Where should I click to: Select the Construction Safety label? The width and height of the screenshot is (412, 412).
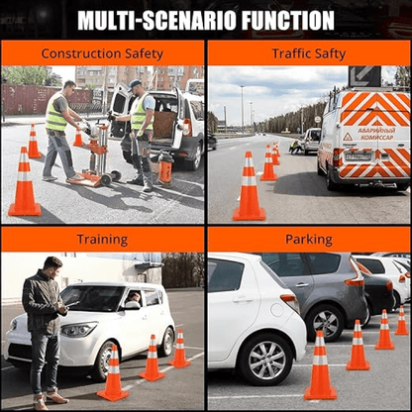[103, 52]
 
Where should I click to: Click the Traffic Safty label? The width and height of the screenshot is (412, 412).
[309, 52]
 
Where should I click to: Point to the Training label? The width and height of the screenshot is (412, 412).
[103, 239]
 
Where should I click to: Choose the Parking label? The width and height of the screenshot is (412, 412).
[309, 239]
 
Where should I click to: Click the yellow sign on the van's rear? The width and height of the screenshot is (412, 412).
[347, 137]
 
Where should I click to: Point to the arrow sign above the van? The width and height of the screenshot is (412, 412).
[363, 76]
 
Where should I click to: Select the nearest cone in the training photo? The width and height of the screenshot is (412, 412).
[113, 374]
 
